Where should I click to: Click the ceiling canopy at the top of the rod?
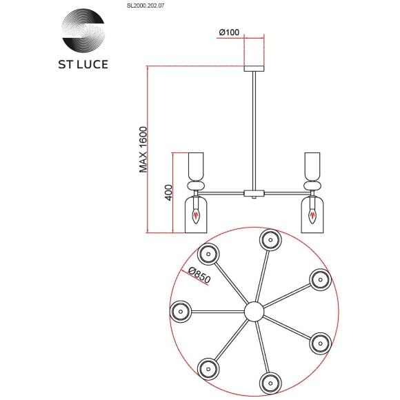click(254, 66)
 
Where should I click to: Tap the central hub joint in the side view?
click(254, 192)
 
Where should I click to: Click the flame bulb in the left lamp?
click(198, 216)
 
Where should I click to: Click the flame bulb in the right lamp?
click(312, 216)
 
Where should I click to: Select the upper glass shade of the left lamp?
click(198, 166)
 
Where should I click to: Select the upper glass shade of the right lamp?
click(312, 166)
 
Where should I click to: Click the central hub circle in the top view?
click(254, 311)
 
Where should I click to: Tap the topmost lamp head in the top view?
click(269, 241)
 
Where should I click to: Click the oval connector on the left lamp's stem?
click(198, 185)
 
